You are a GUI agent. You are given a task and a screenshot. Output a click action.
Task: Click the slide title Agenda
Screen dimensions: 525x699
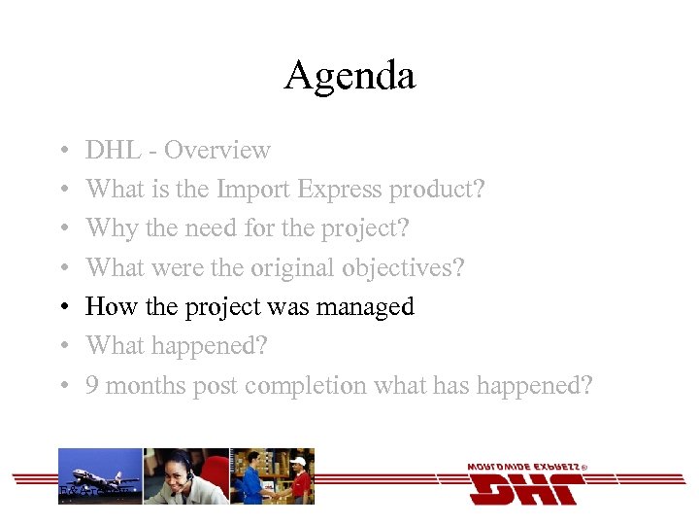(349, 76)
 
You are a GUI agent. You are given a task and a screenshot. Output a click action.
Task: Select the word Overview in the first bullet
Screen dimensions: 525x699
(217, 151)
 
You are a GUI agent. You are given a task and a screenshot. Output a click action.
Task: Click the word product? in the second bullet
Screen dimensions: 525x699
(436, 191)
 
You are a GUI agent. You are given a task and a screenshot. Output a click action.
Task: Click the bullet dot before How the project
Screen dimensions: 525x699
(61, 307)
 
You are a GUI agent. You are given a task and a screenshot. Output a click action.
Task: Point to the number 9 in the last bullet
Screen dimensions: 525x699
(91, 385)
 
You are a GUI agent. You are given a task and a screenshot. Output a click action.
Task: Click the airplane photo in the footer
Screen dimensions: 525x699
(100, 475)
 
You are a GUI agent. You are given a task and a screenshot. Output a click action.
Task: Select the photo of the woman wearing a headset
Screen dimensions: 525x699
(185, 475)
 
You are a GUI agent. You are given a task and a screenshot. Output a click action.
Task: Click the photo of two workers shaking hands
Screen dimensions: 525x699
(272, 475)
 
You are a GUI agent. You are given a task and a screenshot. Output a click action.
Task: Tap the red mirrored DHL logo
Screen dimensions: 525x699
(524, 485)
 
